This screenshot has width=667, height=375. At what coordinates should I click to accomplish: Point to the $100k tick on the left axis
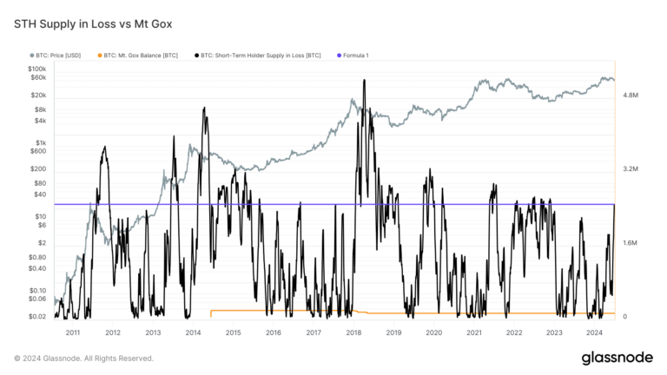(x=36, y=69)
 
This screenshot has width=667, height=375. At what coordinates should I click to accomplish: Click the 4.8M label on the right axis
(x=630, y=95)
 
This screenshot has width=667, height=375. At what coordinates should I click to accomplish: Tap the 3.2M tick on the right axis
(x=630, y=169)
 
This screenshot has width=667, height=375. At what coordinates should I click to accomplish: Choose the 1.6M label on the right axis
(x=630, y=243)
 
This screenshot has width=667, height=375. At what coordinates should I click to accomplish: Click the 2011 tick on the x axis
(x=72, y=332)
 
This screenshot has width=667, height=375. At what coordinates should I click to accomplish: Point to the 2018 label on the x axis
(x=353, y=332)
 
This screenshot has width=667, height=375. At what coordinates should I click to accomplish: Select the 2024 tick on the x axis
(x=595, y=332)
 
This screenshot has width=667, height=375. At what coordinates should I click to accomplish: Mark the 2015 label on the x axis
(x=233, y=332)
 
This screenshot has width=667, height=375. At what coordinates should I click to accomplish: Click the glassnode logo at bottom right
(x=617, y=358)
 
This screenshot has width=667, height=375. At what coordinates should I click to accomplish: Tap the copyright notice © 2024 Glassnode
(x=83, y=358)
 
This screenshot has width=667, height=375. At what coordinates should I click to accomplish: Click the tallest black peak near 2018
(x=364, y=81)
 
